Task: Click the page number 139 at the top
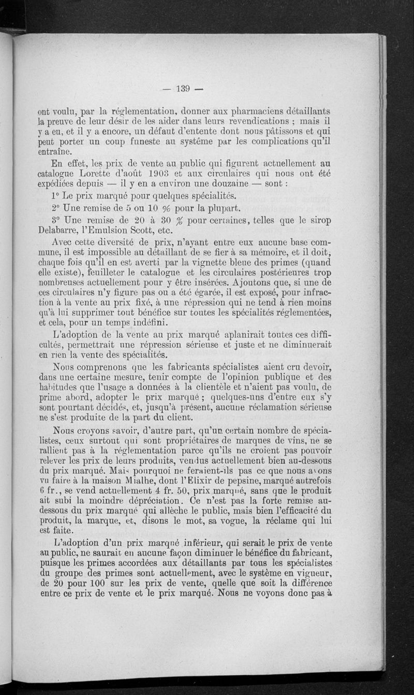(x=183, y=88)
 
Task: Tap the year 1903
(x=157, y=174)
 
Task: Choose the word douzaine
(x=228, y=183)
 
